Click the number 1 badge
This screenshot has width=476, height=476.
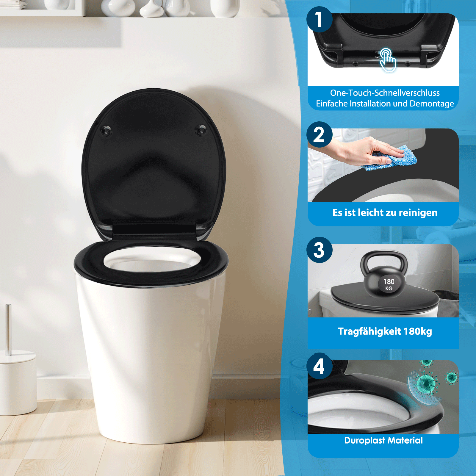[319, 20]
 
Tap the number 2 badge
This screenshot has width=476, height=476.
[319, 134]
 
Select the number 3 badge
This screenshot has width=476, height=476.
[319, 250]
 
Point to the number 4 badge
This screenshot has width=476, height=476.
[319, 366]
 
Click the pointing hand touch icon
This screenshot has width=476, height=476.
[388, 59]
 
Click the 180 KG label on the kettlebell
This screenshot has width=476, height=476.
[389, 284]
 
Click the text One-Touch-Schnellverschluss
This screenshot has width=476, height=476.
[385, 93]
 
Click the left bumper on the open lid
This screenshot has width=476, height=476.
[106, 131]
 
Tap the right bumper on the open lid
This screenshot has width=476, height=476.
[201, 130]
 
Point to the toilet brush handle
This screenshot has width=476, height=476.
[9, 329]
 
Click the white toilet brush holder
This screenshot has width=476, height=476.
[18, 384]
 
